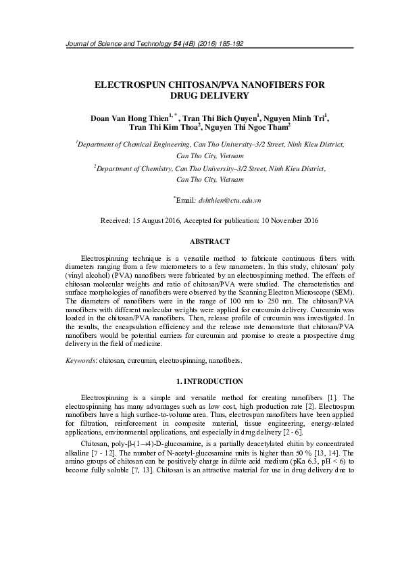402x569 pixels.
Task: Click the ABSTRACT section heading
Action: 209,241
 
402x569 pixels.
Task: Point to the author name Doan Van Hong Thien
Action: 129,118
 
